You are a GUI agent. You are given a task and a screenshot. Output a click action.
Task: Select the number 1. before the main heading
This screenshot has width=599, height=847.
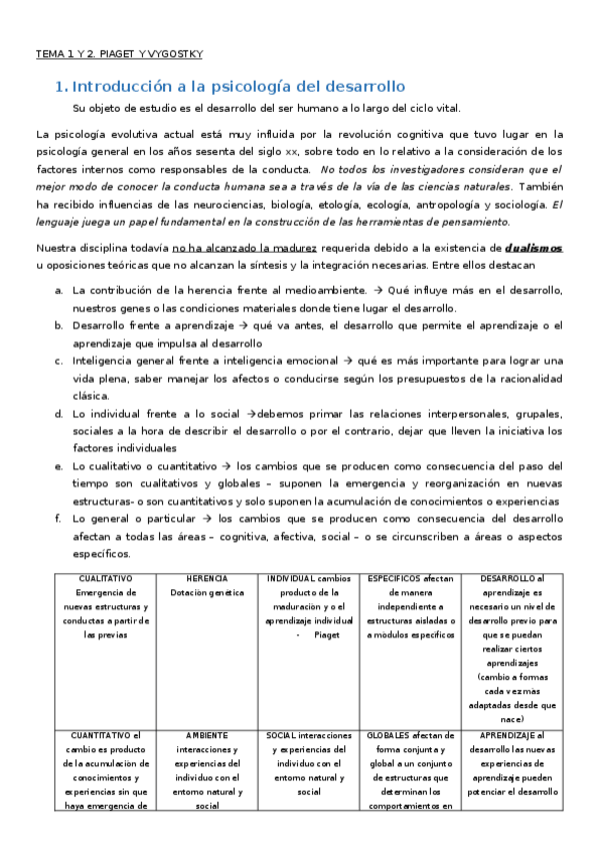(x=61, y=87)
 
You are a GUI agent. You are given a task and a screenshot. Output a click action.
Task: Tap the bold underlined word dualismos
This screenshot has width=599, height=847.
(x=534, y=246)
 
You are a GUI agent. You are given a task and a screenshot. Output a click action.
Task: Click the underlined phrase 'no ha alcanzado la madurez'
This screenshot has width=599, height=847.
(x=231, y=246)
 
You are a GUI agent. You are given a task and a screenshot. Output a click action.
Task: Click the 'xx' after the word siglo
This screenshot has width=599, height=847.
(x=292, y=151)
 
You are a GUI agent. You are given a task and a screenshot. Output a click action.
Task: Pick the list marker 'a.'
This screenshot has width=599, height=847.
(x=60, y=290)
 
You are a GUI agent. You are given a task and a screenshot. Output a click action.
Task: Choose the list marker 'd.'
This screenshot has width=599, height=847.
(x=60, y=414)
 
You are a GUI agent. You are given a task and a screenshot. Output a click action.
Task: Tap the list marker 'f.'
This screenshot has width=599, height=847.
(x=60, y=519)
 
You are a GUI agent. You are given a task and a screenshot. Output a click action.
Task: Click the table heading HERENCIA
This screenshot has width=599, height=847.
(x=206, y=578)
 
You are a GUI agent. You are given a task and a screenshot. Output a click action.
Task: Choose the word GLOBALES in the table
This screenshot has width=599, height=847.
(x=389, y=735)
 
